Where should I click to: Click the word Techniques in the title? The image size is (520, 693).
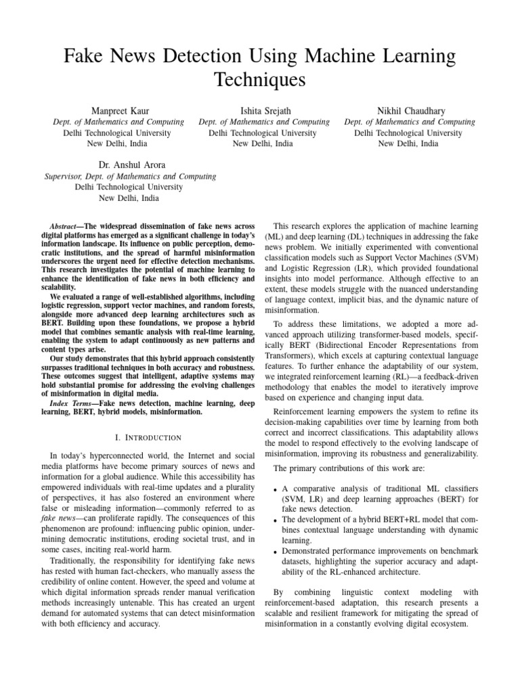260,81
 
